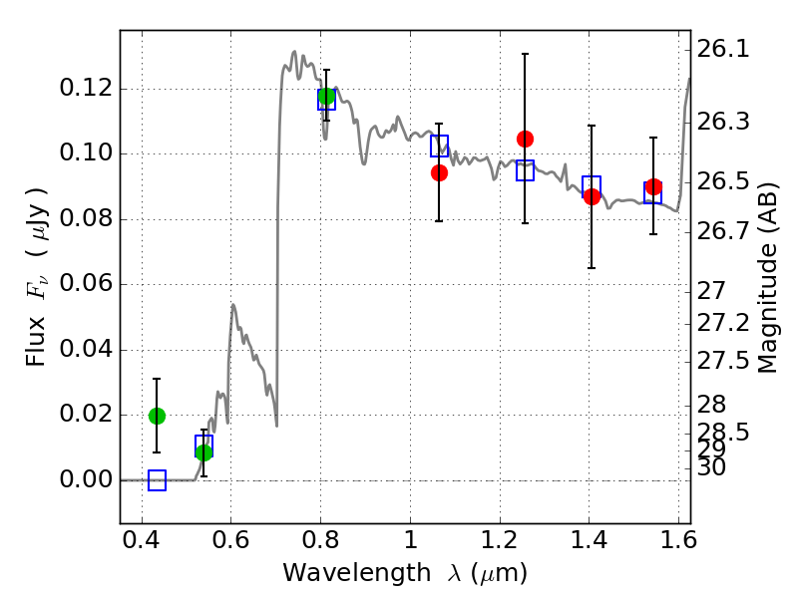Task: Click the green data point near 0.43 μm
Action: pyautogui.click(x=157, y=416)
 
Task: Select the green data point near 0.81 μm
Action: pyautogui.click(x=326, y=97)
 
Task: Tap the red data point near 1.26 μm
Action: pyautogui.click(x=525, y=139)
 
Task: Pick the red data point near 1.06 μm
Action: pyautogui.click(x=439, y=172)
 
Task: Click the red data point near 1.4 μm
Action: pyautogui.click(x=592, y=196)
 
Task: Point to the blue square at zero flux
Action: pyautogui.click(x=157, y=480)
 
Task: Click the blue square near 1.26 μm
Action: pyautogui.click(x=525, y=170)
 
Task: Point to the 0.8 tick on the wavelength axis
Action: pyautogui.click(x=320, y=545)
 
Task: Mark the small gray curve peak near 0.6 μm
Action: pyautogui.click(x=232, y=305)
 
